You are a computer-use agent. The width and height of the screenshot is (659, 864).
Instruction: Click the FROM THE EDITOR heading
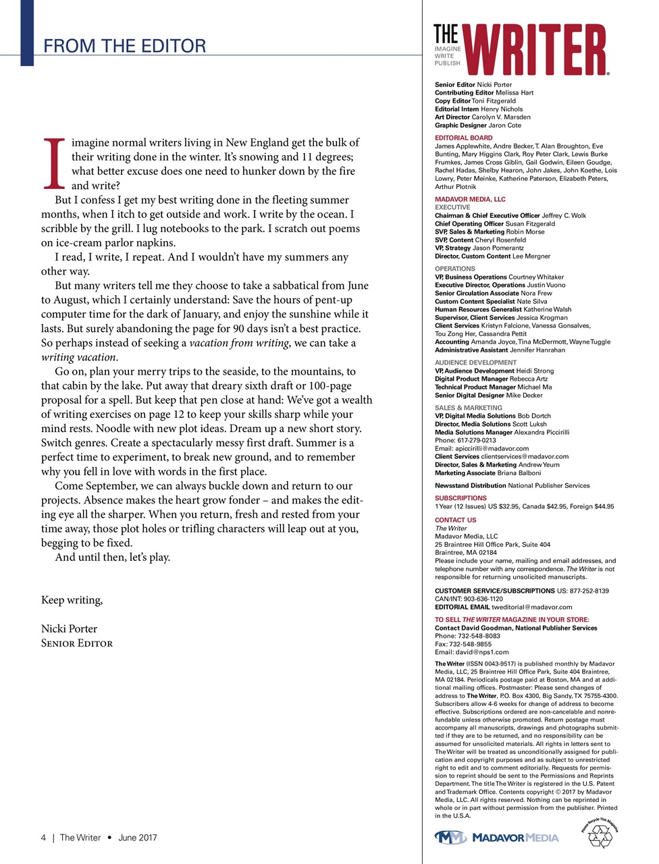pos(124,46)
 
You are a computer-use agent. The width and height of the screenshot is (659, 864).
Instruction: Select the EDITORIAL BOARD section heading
pos(463,138)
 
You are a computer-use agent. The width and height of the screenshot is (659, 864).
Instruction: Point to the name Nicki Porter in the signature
pos(69,628)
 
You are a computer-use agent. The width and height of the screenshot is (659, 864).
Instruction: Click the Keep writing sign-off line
pos(72,600)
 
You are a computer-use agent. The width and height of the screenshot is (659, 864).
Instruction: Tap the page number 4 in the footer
pos(44,838)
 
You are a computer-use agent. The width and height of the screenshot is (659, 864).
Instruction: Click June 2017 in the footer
pos(137,838)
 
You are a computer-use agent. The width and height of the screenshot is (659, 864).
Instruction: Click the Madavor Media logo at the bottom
pos(496,838)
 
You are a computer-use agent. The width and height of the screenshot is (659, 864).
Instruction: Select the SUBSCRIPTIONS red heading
pos(460,498)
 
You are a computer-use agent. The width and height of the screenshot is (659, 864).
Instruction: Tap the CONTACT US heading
pos(455,520)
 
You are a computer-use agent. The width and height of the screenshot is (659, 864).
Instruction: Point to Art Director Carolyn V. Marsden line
pos(482,117)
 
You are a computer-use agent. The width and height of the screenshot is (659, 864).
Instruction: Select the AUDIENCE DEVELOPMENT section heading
pos(475,362)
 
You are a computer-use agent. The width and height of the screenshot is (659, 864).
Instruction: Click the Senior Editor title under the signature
pos(77,643)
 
